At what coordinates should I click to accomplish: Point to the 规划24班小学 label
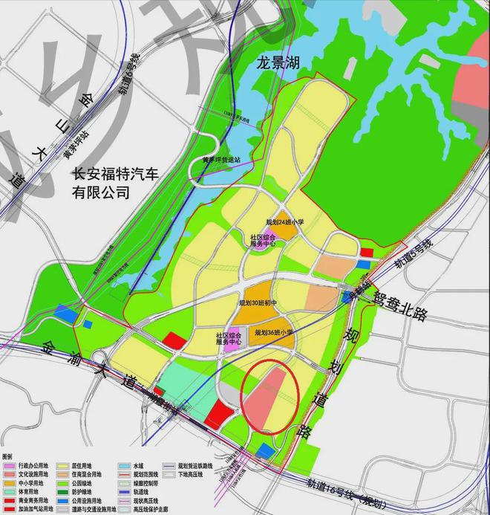coord(286,222)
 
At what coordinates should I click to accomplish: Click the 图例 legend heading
coord(9,456)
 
